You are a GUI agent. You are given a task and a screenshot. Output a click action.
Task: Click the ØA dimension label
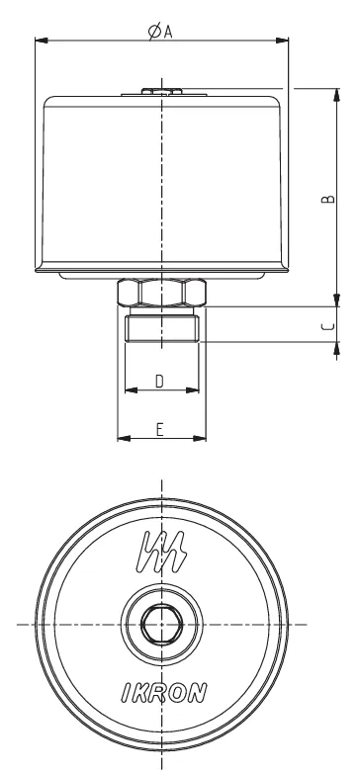(x=160, y=32)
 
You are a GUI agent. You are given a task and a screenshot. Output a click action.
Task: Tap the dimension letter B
(x=328, y=198)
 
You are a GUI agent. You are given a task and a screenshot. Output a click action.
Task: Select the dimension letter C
(x=329, y=326)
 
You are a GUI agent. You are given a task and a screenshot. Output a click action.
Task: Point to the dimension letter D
(x=159, y=381)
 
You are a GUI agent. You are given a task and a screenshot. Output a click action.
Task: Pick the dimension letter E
(x=160, y=430)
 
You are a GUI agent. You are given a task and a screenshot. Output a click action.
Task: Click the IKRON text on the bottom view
(x=164, y=693)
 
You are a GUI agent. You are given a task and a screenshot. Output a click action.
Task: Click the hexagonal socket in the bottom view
(x=162, y=625)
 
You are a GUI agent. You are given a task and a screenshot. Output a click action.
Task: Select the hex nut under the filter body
(x=161, y=293)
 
